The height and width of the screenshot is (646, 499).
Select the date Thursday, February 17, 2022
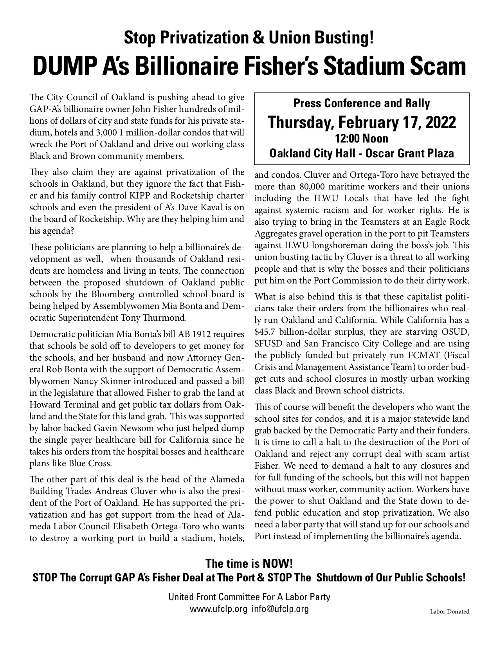tap(362, 122)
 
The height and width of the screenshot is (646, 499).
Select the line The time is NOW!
tap(249, 564)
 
